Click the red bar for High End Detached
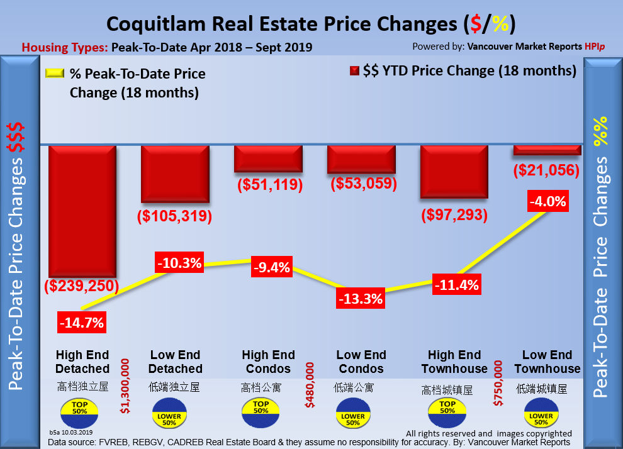(x=82, y=211)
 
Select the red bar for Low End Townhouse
(x=546, y=150)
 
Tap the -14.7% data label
(x=82, y=323)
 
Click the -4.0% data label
(x=548, y=202)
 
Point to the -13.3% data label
(x=360, y=298)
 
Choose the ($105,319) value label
(x=174, y=216)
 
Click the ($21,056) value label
(x=546, y=170)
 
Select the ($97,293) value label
(x=454, y=215)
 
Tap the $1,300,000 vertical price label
(x=125, y=386)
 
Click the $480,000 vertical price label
(x=310, y=384)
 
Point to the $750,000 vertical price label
(x=499, y=384)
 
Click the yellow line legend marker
(x=55, y=73)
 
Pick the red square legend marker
(x=354, y=71)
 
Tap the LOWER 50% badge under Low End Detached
(x=169, y=417)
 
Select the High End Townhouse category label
(x=454, y=362)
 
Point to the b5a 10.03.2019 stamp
(x=71, y=433)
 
